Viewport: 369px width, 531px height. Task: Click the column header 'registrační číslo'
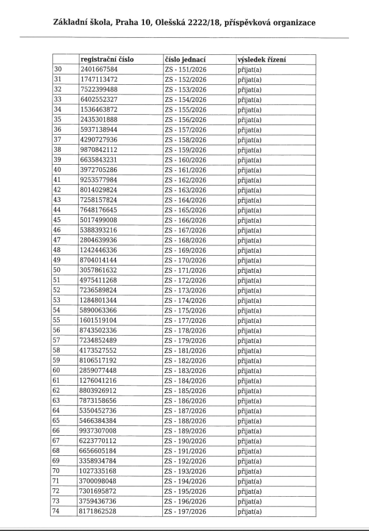pyautogui.click(x=107, y=60)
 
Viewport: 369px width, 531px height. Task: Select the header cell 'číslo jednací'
pyautogui.click(x=185, y=60)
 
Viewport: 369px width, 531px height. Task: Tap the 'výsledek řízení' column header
pyautogui.click(x=262, y=60)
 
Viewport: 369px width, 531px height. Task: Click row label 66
pyautogui.click(x=59, y=428)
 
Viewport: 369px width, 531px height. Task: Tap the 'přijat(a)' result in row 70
pyautogui.click(x=249, y=468)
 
